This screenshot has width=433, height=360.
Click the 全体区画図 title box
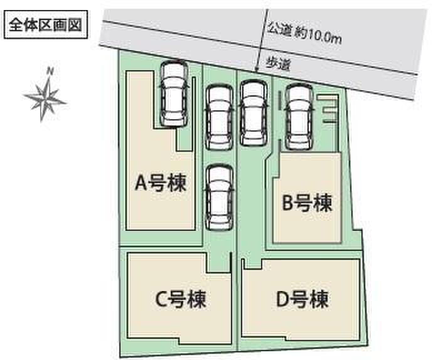(46, 24)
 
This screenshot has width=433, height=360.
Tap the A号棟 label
(161, 183)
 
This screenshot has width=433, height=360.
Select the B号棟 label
(307, 203)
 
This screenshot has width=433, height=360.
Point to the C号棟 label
(181, 299)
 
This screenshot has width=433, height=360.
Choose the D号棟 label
(302, 299)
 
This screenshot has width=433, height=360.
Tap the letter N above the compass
(50, 71)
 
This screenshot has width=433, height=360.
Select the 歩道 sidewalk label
(278, 64)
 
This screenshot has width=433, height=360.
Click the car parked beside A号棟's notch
(174, 94)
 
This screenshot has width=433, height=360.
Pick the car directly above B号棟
(299, 117)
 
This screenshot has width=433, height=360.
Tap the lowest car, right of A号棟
(219, 198)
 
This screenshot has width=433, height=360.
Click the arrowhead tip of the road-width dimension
(257, 71)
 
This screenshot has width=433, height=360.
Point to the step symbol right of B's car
(328, 109)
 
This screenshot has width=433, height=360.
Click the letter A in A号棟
(141, 183)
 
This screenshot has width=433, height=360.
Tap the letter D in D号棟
(283, 299)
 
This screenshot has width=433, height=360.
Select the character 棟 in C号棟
(197, 299)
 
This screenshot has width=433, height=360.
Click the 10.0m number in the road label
(324, 37)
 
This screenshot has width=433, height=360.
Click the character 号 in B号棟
(303, 203)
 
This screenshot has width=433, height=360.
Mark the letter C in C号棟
(161, 299)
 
